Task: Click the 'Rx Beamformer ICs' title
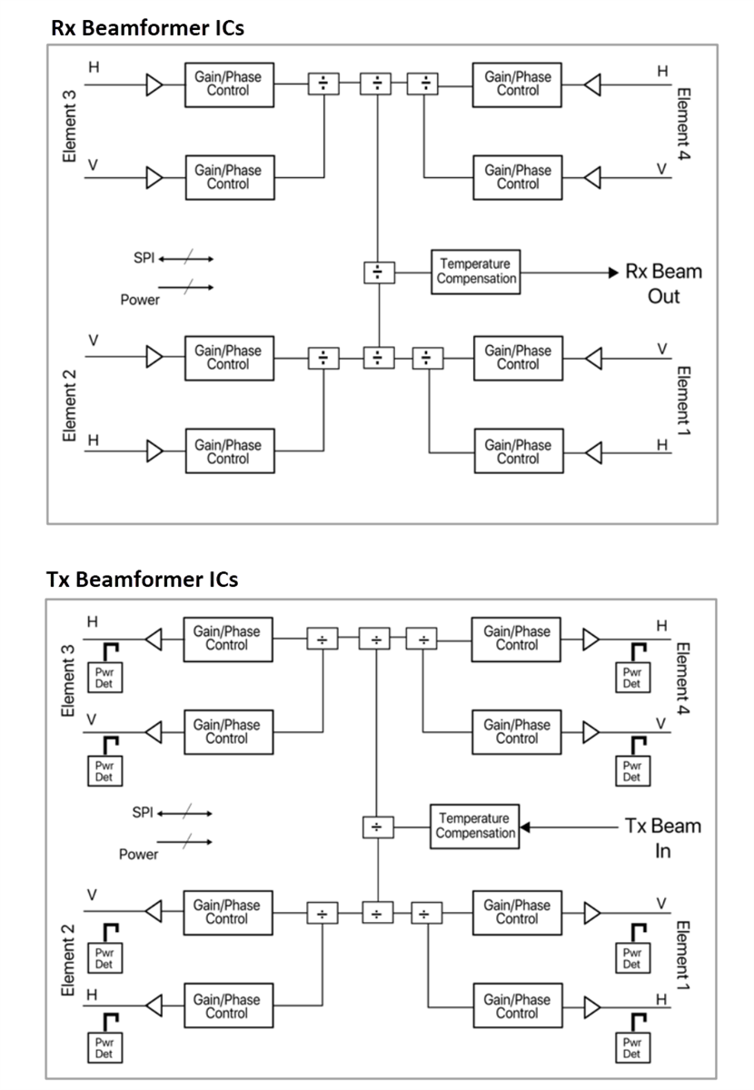147,27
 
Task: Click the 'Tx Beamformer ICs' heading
142,580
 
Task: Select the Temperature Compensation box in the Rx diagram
475,272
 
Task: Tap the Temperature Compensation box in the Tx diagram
474,826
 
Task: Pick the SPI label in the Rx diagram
144,258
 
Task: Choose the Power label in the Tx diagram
138,854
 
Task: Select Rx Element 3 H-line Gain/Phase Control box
228,84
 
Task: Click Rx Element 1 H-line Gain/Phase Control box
518,451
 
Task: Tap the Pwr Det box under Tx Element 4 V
631,770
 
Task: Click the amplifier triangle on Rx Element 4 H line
592,84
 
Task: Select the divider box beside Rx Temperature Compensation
378,272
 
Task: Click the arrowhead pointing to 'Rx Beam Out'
613,272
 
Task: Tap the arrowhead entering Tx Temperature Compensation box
524,827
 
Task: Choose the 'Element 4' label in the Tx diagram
683,679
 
